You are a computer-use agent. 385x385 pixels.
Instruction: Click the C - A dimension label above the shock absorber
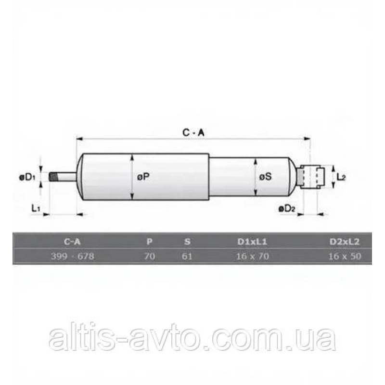point(193,133)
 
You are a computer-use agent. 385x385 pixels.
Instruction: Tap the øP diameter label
point(143,177)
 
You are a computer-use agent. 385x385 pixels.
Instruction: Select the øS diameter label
point(266,177)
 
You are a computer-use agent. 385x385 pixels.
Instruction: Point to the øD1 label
point(27,177)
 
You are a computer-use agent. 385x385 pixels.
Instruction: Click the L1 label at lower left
point(36,208)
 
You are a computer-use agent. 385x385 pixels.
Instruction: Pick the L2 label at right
point(341,177)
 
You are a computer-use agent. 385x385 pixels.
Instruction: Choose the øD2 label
point(287,209)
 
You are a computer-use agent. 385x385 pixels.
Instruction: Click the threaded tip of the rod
point(53,177)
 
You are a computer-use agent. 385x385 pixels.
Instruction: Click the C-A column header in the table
point(72,242)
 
